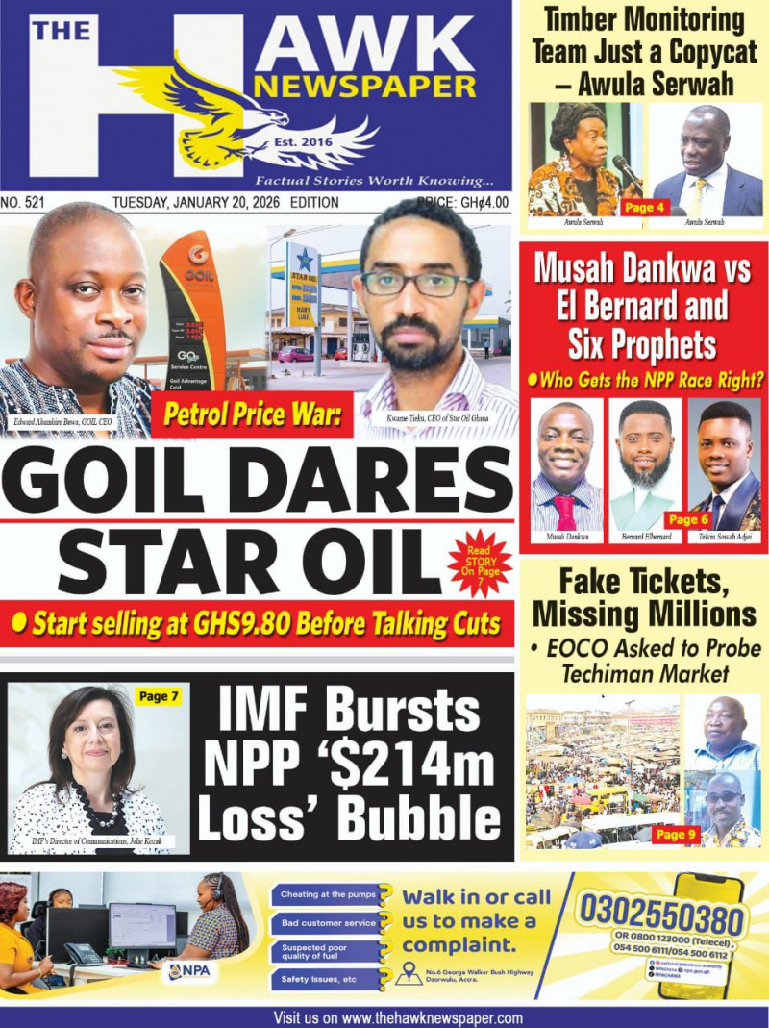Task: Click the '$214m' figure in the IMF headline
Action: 417,765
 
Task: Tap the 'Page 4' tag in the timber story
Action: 644,207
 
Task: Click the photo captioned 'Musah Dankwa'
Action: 566,464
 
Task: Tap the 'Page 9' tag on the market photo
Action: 675,834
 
